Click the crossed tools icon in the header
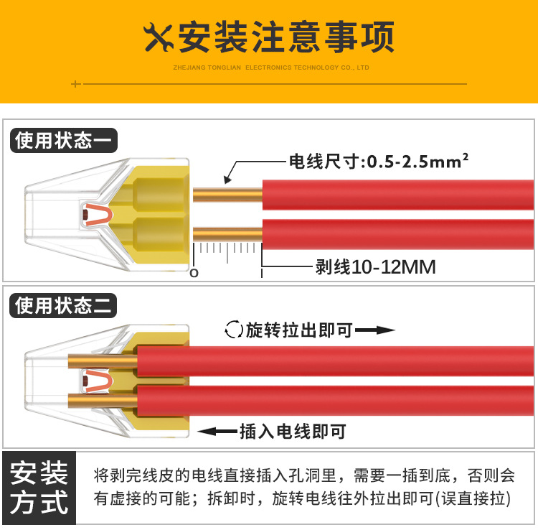(x=158, y=37)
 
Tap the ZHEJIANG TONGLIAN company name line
(x=271, y=68)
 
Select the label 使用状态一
(x=63, y=141)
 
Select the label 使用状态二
(x=63, y=305)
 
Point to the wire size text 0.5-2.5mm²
(x=417, y=161)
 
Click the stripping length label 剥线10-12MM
(x=376, y=267)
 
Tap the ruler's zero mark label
(x=194, y=273)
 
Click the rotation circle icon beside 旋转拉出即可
(x=234, y=330)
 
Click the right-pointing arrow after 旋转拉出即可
(x=375, y=330)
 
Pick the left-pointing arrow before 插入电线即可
(x=217, y=431)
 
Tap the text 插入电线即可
(x=293, y=432)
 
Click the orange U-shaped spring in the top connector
(x=99, y=215)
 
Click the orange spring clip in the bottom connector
(x=98, y=381)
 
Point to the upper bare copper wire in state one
(x=228, y=195)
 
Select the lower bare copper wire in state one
(x=228, y=234)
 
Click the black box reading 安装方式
(x=39, y=488)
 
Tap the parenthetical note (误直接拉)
(x=473, y=498)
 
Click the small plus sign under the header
(x=76, y=84)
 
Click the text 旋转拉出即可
(x=299, y=330)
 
